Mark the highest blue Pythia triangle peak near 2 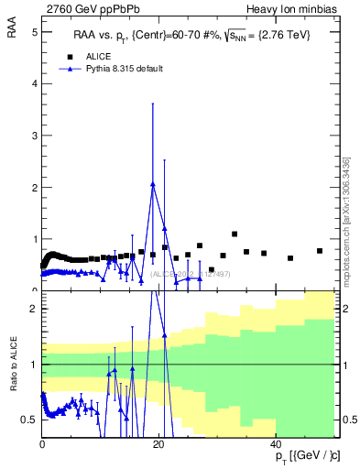(153, 183)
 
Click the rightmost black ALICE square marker (320, 251)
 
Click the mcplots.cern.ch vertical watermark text (346, 220)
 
